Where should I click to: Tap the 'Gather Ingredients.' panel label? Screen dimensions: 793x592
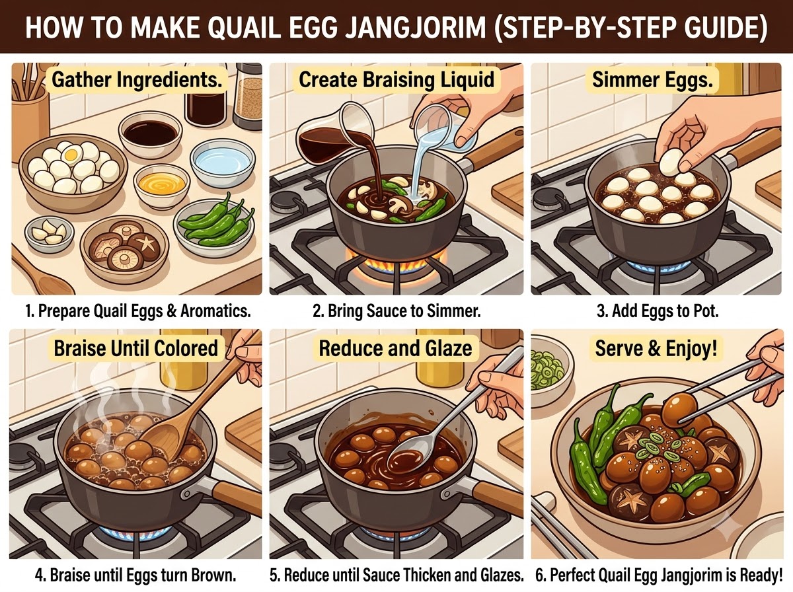[x=137, y=79]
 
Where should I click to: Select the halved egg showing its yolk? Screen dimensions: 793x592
[x=71, y=155]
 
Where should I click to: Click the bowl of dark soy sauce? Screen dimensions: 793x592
[x=150, y=133]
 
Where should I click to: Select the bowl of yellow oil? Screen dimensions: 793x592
[x=161, y=184]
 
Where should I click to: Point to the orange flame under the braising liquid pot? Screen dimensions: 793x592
[x=396, y=266]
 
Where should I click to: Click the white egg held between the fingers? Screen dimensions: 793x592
[x=671, y=161]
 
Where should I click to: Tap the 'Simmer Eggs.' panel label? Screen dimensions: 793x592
[x=653, y=80]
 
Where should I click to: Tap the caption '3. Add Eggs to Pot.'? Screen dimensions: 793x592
[x=658, y=311]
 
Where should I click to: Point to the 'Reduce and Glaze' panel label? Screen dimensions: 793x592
[x=395, y=348]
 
